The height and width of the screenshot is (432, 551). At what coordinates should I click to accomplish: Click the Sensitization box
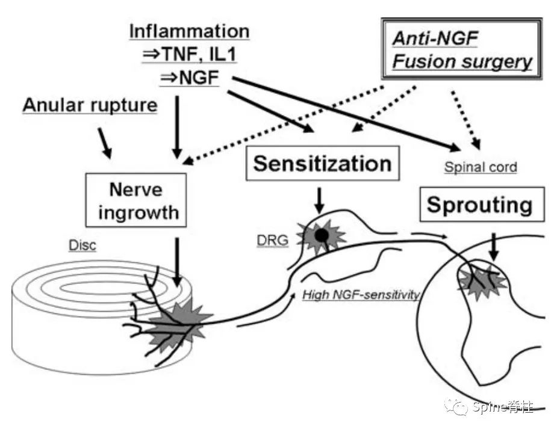pyautogui.click(x=322, y=164)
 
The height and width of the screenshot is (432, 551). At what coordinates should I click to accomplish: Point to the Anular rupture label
pyautogui.click(x=90, y=106)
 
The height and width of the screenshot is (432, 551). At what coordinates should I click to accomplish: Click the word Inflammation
pyautogui.click(x=189, y=31)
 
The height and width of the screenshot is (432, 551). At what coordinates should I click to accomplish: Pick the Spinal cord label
pyautogui.click(x=480, y=167)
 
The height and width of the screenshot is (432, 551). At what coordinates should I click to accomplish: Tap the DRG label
pyautogui.click(x=271, y=239)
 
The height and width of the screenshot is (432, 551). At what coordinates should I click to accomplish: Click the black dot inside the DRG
pyautogui.click(x=323, y=235)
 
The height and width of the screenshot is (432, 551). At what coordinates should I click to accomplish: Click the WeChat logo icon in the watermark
pyautogui.click(x=456, y=408)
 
